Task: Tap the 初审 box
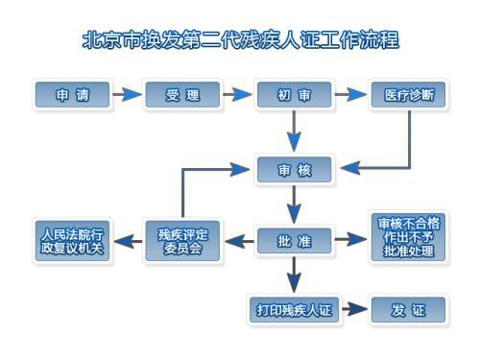[x=294, y=95]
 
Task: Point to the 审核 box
[x=294, y=171]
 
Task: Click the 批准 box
[x=294, y=241]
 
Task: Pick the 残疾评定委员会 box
[x=182, y=241]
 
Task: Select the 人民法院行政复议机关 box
[x=71, y=241]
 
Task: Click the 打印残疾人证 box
[x=294, y=310]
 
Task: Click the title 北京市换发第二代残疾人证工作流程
[x=240, y=40]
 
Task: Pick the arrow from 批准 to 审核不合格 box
[x=351, y=241]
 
